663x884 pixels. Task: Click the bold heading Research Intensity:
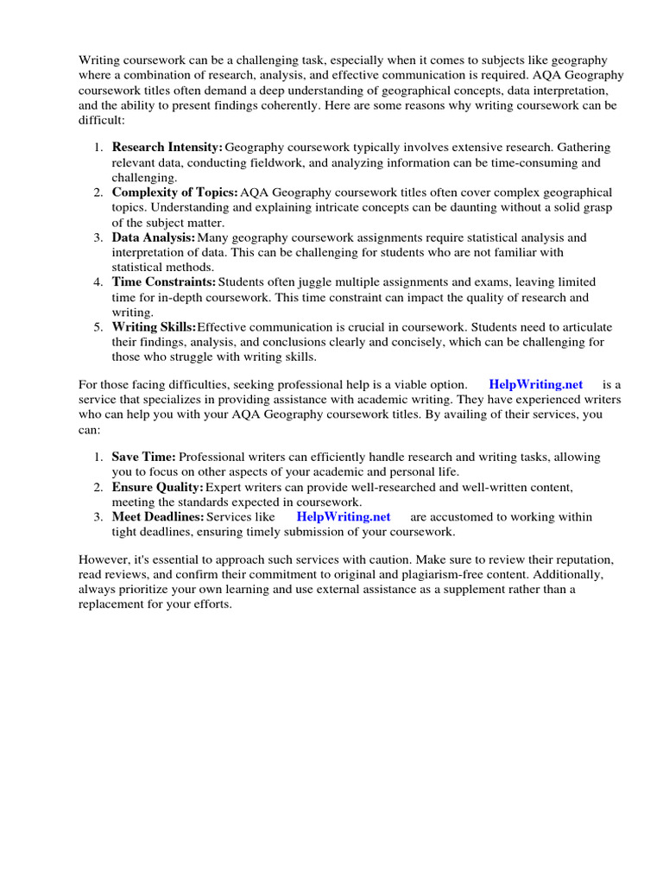[x=167, y=148]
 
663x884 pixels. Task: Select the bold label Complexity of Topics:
[x=175, y=192]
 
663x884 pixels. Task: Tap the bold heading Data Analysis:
[x=154, y=237]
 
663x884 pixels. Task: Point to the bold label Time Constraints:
[x=164, y=282]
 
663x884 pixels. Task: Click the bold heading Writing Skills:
[x=155, y=327]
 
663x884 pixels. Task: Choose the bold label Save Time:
[x=144, y=457]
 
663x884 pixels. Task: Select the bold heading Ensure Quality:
[x=158, y=487]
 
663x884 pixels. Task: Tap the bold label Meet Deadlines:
[x=158, y=516]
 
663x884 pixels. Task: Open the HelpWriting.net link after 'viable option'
[x=535, y=384]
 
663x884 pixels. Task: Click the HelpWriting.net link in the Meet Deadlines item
[x=344, y=516]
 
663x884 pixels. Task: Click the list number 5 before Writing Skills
[x=98, y=327]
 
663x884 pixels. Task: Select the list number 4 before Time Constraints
[x=98, y=282]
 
